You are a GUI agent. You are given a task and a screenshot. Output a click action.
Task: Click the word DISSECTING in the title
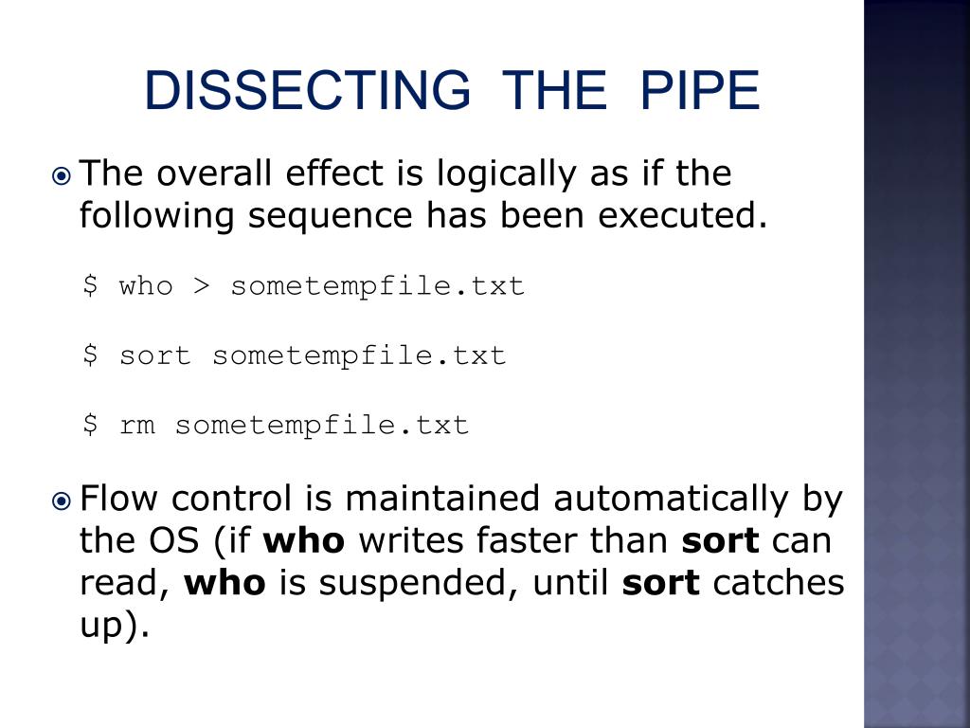coord(308,90)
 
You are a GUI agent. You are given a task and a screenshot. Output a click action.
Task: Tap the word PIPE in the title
coord(700,90)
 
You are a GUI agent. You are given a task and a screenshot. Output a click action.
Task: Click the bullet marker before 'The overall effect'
coord(62,177)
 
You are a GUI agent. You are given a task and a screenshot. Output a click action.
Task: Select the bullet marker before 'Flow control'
coord(62,500)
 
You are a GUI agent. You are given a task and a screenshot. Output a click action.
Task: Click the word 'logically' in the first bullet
coord(507,174)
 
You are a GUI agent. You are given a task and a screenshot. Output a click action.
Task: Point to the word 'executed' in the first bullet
coord(682,216)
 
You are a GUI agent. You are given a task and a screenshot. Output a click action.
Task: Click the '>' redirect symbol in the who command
coord(202,286)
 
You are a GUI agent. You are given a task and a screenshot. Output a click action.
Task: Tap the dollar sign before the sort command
coord(90,355)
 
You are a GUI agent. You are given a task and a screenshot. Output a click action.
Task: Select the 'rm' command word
coord(136,426)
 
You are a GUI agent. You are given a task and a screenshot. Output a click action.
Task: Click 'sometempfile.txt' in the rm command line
coord(322,426)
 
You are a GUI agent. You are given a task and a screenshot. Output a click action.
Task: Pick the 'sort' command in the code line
coord(154,356)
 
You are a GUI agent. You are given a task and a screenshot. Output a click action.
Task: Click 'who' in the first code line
coord(146,286)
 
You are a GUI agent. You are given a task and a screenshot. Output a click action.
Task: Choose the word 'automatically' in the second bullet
coord(672,499)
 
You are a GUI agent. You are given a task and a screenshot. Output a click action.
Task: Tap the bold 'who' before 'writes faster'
coord(304,541)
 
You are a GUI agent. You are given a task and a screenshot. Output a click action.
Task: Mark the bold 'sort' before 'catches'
coord(660,583)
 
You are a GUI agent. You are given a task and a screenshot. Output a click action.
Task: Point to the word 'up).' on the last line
coord(115,627)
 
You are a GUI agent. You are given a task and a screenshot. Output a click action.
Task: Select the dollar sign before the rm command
coord(90,425)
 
